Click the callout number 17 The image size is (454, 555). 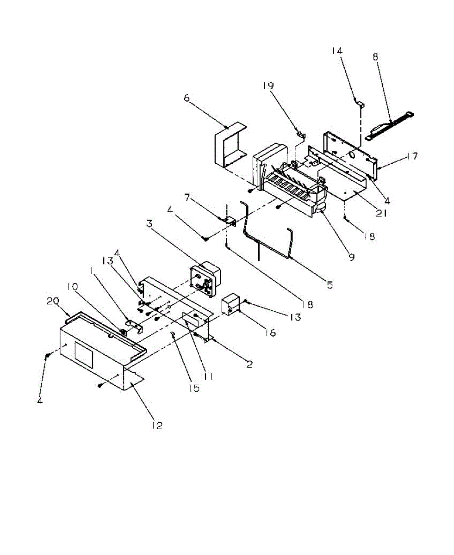click(x=412, y=156)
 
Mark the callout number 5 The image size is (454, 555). click(x=329, y=285)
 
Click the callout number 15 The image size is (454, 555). click(x=194, y=388)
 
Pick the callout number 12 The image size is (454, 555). click(x=157, y=425)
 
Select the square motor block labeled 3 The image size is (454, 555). click(x=204, y=279)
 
